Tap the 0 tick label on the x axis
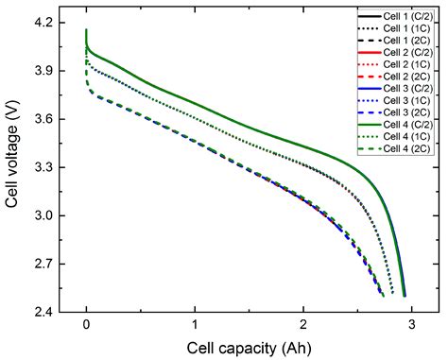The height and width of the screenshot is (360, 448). click(87, 326)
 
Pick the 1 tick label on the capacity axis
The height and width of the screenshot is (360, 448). click(195, 326)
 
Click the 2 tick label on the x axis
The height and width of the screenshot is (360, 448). click(302, 326)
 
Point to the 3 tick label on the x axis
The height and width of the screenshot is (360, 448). click(410, 326)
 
